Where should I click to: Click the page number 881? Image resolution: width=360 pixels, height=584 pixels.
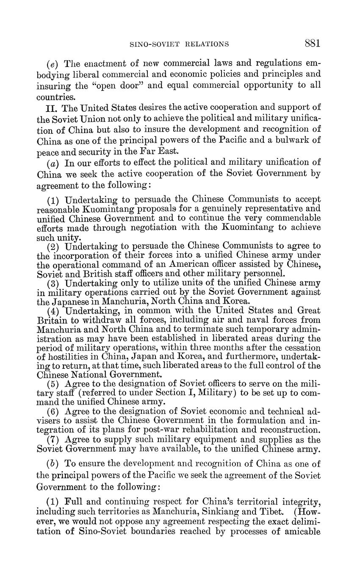click(x=312, y=43)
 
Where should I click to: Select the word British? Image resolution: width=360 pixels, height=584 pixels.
click(x=90, y=274)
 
